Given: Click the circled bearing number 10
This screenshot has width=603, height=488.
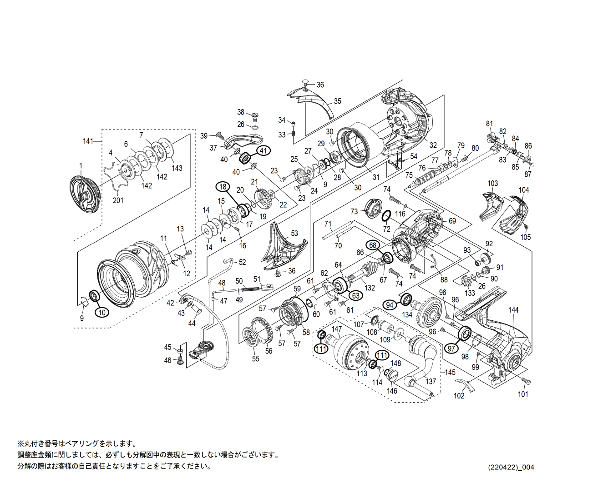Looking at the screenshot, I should [102, 312].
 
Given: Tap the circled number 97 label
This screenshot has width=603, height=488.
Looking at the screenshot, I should [451, 349].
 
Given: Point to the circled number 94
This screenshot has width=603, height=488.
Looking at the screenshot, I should [390, 305].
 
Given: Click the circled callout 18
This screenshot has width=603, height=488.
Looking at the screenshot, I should [223, 187].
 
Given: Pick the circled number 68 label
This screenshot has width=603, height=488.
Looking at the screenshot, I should [373, 245].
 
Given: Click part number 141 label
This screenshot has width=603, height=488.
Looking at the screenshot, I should [88, 141].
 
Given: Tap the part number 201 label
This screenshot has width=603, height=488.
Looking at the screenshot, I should [118, 200].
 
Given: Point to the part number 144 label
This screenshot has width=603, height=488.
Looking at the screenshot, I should [513, 310].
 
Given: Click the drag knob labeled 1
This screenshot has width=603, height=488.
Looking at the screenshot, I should [84, 194].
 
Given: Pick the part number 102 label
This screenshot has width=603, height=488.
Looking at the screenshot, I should [459, 396].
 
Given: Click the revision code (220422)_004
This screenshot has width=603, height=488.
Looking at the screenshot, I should [511, 467].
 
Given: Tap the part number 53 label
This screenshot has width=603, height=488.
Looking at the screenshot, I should [294, 234].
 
